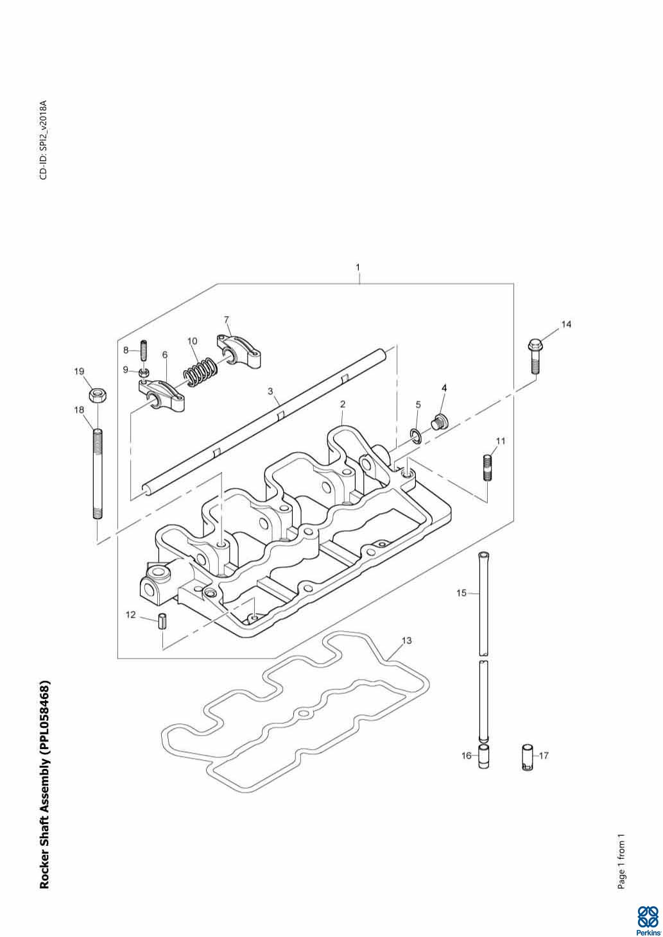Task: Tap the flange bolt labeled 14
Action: [535, 356]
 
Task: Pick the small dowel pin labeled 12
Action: [162, 621]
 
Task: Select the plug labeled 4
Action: [440, 421]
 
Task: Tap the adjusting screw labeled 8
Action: [144, 351]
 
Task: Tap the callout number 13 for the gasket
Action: [406, 640]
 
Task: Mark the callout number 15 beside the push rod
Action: [461, 593]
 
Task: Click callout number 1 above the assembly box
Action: [358, 267]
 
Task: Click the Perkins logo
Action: [647, 917]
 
